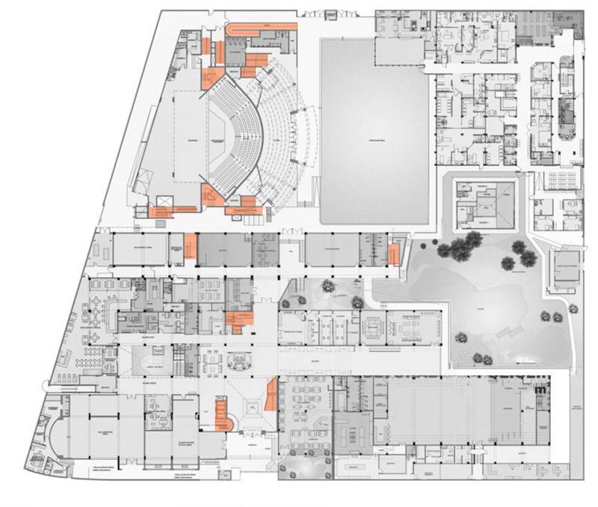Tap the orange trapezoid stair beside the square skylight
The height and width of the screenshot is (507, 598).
pos(271,396)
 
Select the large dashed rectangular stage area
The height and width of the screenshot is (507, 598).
pos(184,142)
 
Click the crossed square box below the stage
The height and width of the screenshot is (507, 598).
pos(163,202)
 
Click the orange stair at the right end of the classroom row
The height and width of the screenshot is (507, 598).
pos(393,255)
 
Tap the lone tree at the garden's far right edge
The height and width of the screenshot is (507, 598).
pos(572,307)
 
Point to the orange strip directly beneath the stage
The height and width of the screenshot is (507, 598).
pos(160,212)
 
